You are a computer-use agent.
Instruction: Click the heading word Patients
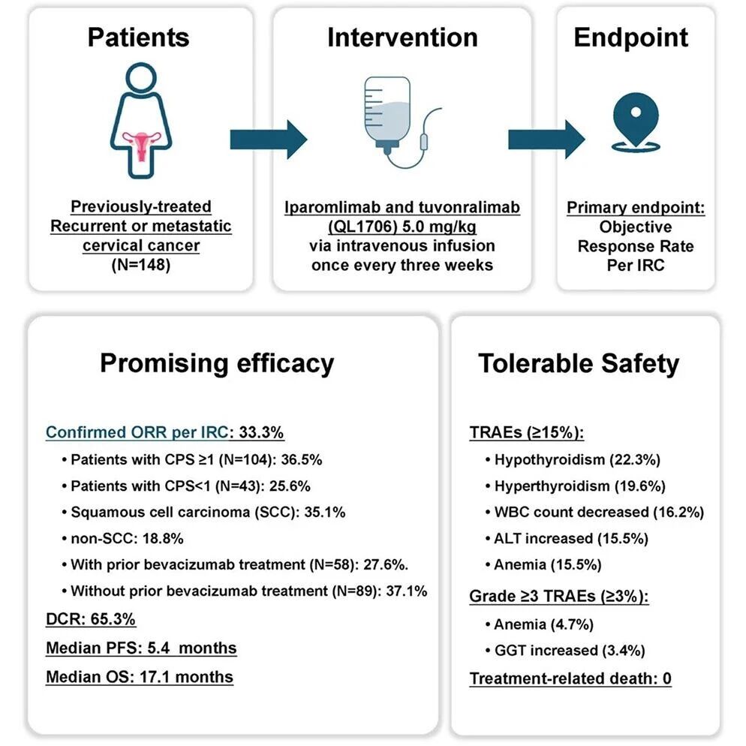click(x=138, y=38)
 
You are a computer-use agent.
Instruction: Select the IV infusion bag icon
click(x=402, y=122)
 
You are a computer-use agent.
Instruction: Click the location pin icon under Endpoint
click(x=636, y=122)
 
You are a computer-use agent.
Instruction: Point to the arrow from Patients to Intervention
click(x=269, y=140)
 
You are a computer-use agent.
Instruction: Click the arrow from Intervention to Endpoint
click(x=546, y=140)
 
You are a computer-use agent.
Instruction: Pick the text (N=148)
click(x=141, y=264)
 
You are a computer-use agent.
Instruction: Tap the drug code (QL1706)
click(x=362, y=227)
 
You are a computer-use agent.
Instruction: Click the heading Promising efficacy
click(x=217, y=363)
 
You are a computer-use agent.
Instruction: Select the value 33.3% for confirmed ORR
click(x=261, y=432)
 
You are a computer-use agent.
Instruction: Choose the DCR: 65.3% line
click(x=90, y=619)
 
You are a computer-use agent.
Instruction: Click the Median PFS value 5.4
click(x=158, y=648)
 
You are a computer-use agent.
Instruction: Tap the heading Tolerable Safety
click(x=579, y=363)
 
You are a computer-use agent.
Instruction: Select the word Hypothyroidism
click(x=549, y=459)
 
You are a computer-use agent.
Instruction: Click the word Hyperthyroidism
click(x=552, y=486)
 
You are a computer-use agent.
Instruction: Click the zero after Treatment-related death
click(x=667, y=678)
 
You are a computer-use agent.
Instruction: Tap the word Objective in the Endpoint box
click(x=636, y=227)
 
